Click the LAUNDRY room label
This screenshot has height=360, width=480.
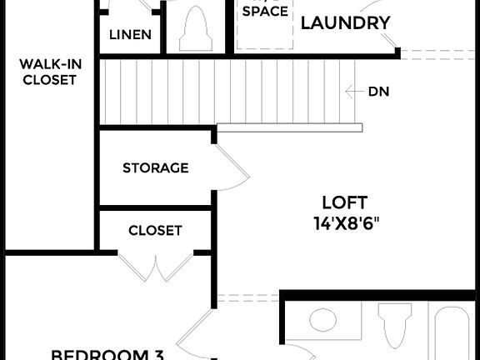coord(345,22)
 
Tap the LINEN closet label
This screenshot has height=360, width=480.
coord(131,35)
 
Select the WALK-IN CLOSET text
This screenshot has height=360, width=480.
coord(48,72)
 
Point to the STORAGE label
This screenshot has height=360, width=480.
coord(155,168)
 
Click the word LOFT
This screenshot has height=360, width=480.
coord(345,202)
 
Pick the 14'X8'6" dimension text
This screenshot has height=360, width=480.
coord(345,222)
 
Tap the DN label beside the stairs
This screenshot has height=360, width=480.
coord(378,92)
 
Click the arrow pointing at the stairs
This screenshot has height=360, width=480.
coord(353,92)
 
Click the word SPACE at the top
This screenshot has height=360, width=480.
coord(265,12)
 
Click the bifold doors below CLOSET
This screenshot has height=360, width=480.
coord(155,267)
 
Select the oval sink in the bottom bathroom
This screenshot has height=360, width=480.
coord(321,321)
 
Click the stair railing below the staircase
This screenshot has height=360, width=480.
coord(290,127)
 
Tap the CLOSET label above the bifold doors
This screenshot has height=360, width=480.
coord(155,231)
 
